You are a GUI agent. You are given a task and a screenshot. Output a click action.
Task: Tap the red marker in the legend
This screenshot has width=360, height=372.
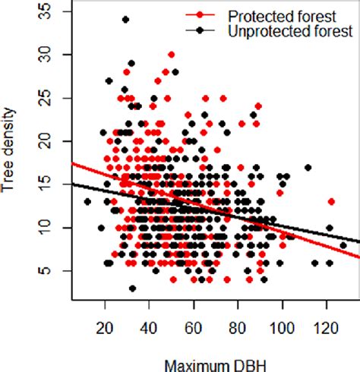click(x=200, y=14)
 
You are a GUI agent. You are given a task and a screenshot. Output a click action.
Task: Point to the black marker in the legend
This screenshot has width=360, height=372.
click(x=200, y=30)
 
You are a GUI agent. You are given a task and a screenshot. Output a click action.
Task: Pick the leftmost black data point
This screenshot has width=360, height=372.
click(x=87, y=202)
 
